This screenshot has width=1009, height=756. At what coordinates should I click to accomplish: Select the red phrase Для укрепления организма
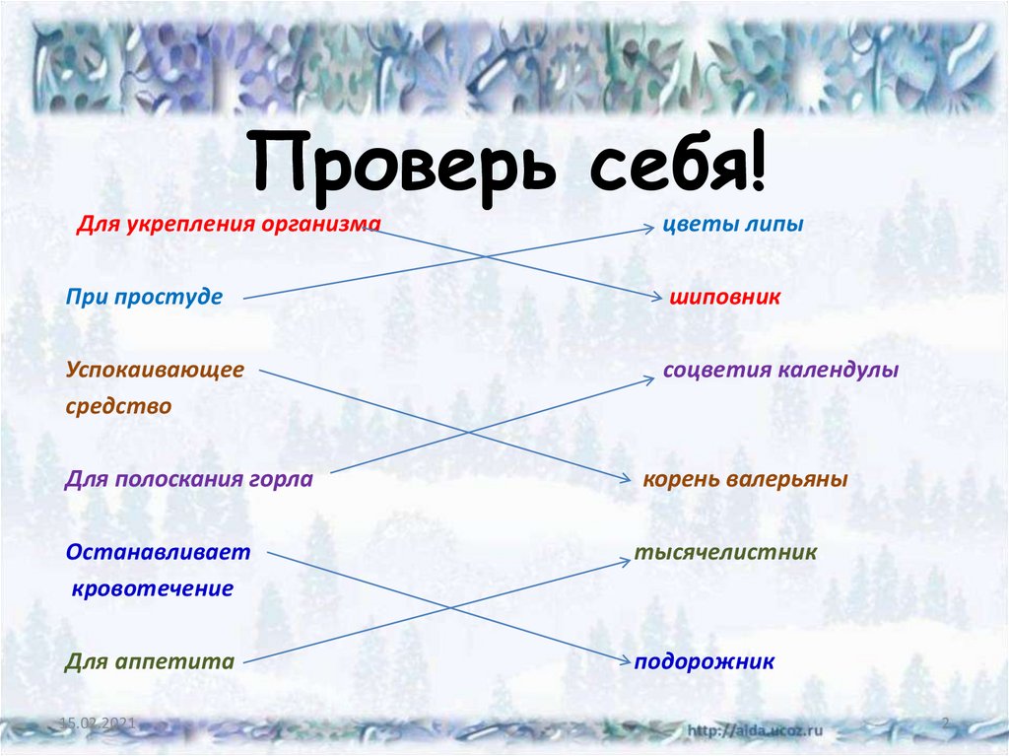coord(229,225)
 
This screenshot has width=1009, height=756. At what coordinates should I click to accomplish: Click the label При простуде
coord(145,296)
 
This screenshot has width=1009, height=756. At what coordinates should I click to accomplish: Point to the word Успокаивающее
coord(155,372)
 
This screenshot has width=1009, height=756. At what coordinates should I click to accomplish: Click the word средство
coord(119,405)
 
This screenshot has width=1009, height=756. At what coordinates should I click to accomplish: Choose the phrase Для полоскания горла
coord(189,480)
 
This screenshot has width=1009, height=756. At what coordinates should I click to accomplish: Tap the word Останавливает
coord(159,553)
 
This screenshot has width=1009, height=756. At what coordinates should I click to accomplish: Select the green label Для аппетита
coord(150,662)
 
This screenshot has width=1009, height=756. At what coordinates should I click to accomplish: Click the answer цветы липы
coord(732,225)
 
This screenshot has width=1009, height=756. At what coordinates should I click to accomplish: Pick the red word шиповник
coord(725,297)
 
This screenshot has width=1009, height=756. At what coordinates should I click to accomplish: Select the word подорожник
coord(705,662)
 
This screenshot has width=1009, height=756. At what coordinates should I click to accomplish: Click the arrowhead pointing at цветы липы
coord(649,227)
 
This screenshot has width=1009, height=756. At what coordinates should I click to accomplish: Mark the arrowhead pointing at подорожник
coord(626,660)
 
